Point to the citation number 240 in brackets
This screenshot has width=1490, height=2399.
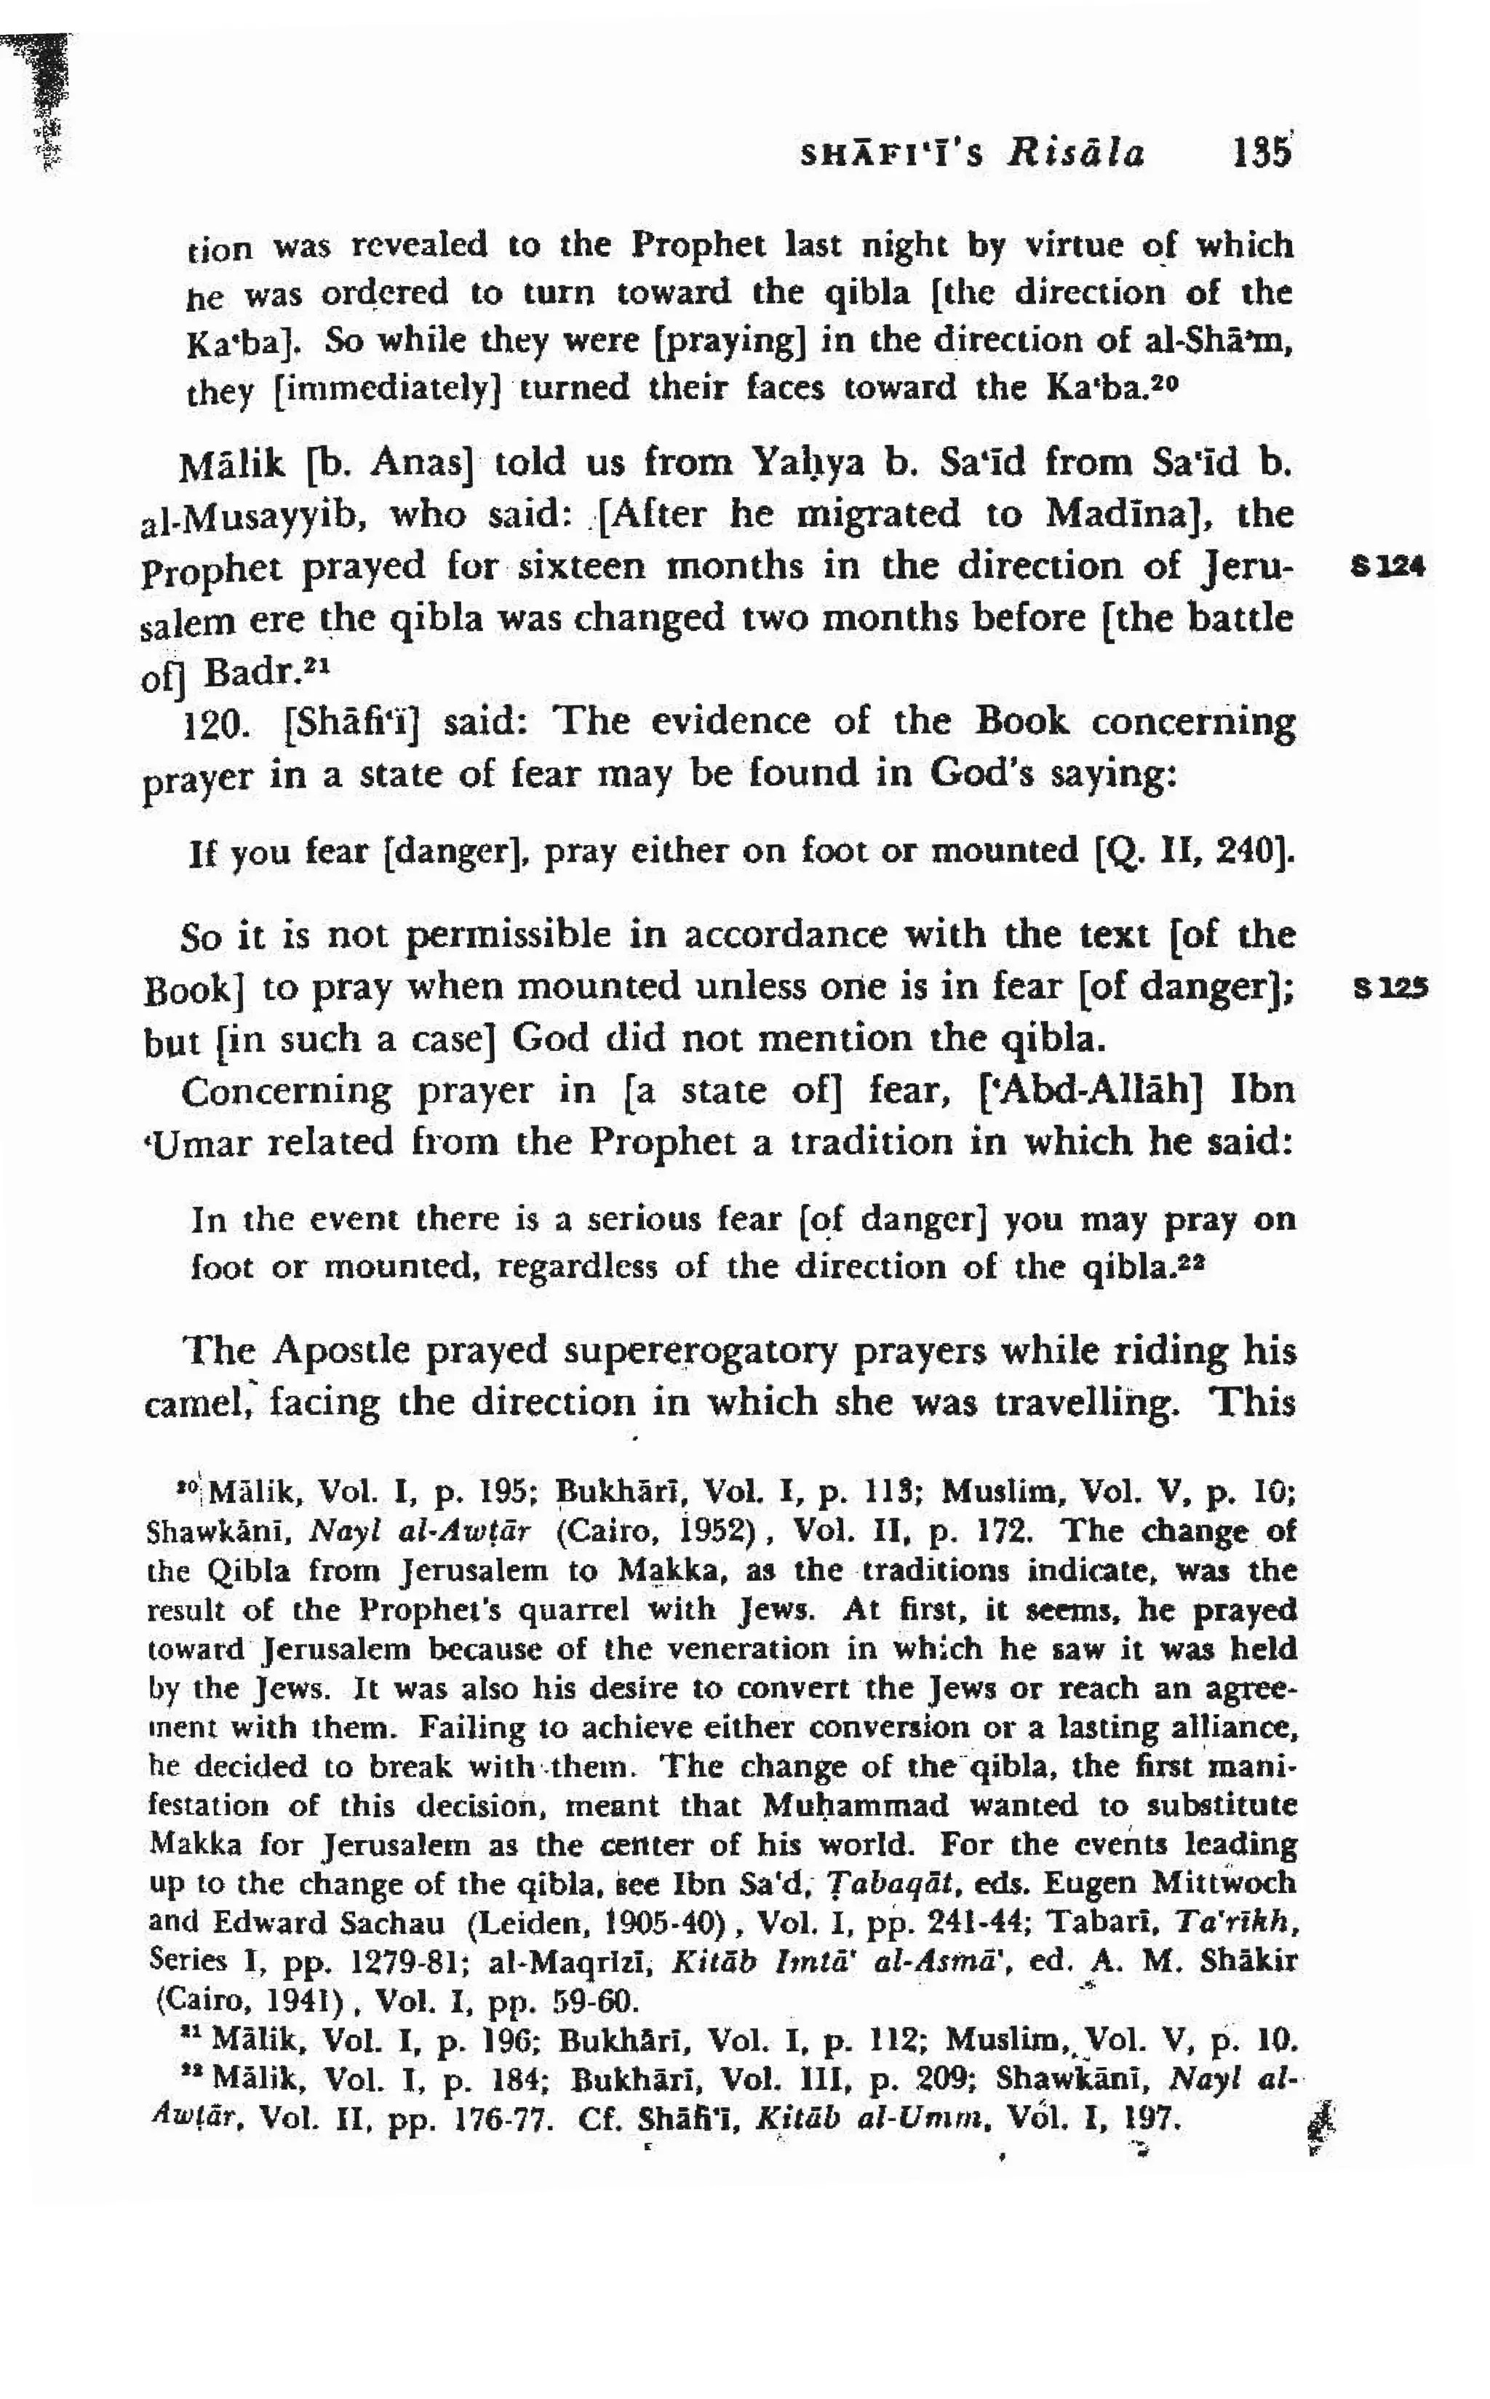click(1248, 849)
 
